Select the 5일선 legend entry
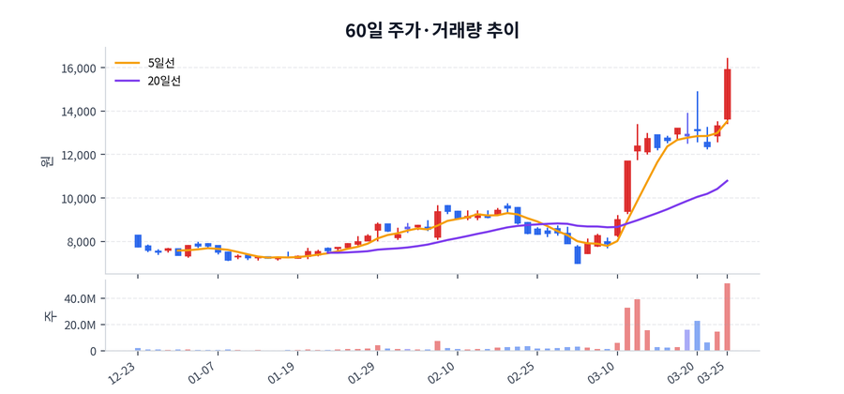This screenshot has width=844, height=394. [x=161, y=63]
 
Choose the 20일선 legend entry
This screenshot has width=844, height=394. [x=164, y=81]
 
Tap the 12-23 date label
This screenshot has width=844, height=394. [x=120, y=375]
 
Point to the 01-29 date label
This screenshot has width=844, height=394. [x=361, y=375]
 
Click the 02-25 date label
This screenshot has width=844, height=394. [x=520, y=375]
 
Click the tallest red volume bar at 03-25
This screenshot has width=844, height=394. [x=727, y=317]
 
